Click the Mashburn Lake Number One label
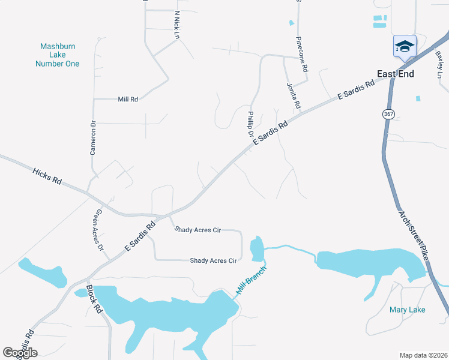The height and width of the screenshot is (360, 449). point(57,55)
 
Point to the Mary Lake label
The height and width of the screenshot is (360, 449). point(407,310)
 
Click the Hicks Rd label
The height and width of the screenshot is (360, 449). point(48,176)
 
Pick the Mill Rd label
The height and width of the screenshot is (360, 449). point(128,99)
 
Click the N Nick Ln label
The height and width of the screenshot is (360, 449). point(176,25)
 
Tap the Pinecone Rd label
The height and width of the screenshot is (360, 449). point(301,55)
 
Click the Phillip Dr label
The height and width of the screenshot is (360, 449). point(250,124)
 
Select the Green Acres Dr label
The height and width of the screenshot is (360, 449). point(100,230)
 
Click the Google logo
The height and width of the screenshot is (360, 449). point(20,352)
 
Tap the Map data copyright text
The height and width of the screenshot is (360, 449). point(423,355)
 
